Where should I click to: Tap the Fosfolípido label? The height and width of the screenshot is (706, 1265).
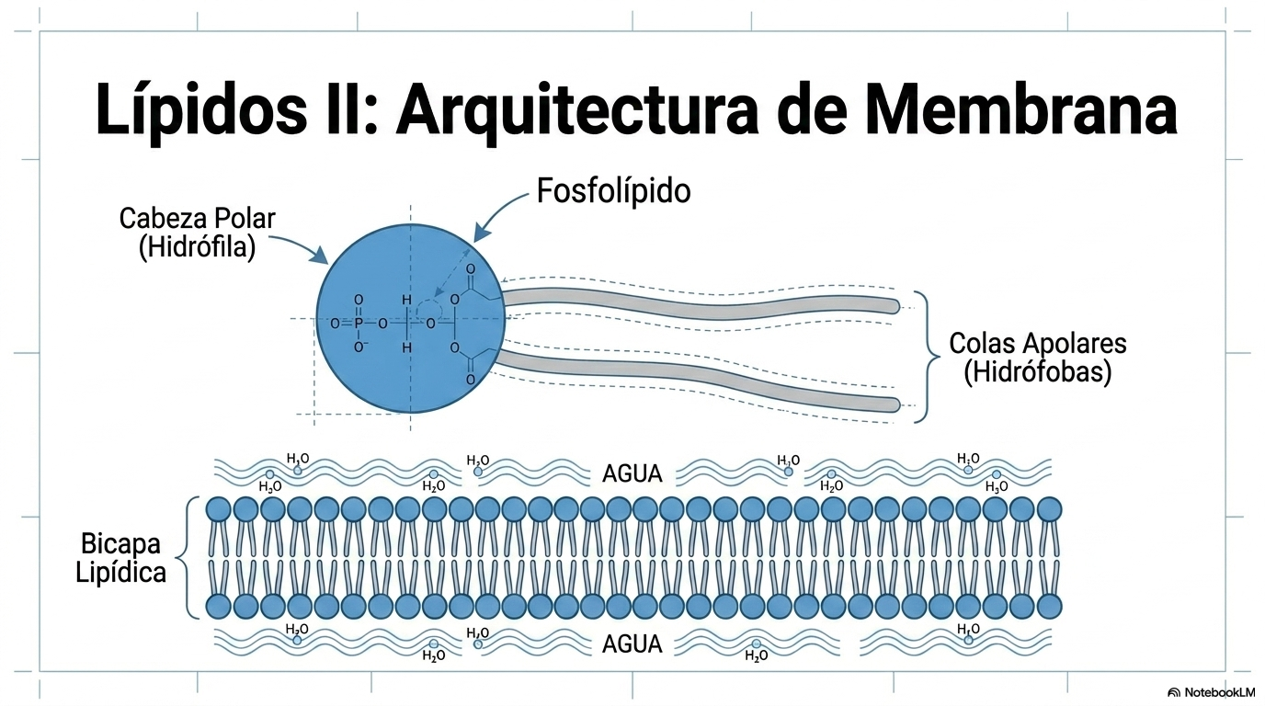pos(613,191)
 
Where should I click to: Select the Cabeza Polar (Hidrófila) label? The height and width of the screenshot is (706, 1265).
pos(197,233)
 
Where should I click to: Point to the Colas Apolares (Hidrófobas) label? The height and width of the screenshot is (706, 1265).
pos(1038,359)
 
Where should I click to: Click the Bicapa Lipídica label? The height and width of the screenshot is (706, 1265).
pos(120,558)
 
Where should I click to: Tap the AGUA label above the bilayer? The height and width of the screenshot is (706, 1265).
pos(632,473)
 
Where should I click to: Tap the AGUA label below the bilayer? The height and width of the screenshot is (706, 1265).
pos(632,643)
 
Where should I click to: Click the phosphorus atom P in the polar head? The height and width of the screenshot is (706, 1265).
pos(359,324)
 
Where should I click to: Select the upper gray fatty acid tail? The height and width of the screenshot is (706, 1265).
pos(701,305)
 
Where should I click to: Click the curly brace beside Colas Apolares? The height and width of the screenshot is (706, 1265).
pos(927,357)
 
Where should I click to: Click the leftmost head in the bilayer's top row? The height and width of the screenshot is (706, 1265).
pos(218,509)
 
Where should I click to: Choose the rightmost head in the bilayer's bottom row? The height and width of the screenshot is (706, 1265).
pos(1049,607)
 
